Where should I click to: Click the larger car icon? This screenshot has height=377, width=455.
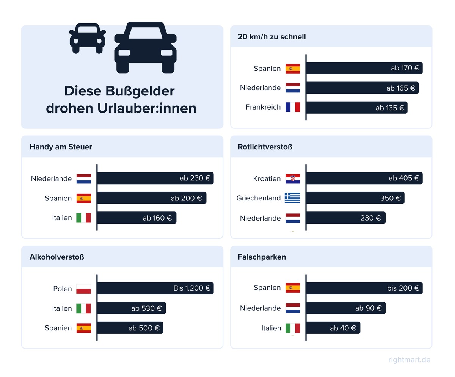click(x=145, y=48)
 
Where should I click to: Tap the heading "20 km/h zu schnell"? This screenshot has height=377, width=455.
click(x=271, y=37)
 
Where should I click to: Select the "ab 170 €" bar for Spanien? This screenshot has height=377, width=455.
click(x=364, y=68)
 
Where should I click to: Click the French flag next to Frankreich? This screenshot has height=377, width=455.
click(x=293, y=107)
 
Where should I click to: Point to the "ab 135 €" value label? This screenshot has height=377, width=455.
click(x=390, y=108)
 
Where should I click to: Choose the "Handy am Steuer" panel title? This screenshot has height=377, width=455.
click(x=61, y=147)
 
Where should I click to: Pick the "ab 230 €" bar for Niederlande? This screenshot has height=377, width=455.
click(x=155, y=178)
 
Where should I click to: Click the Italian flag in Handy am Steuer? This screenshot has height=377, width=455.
click(x=84, y=218)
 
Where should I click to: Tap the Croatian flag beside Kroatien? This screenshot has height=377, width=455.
click(x=293, y=178)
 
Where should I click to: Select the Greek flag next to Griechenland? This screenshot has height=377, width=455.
click(x=293, y=198)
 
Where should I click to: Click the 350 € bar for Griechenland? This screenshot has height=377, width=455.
click(x=355, y=198)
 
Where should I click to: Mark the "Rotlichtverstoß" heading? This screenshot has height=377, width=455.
click(x=265, y=147)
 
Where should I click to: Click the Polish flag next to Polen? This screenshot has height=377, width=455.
click(x=84, y=289)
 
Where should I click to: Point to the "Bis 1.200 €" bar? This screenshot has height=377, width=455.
click(x=155, y=288)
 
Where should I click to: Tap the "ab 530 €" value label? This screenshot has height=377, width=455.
click(x=146, y=308)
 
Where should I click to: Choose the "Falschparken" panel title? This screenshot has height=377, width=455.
click(x=262, y=257)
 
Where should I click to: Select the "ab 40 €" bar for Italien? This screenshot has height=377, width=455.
click(x=333, y=328)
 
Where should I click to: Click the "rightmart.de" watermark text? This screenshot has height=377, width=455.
click(x=409, y=360)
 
